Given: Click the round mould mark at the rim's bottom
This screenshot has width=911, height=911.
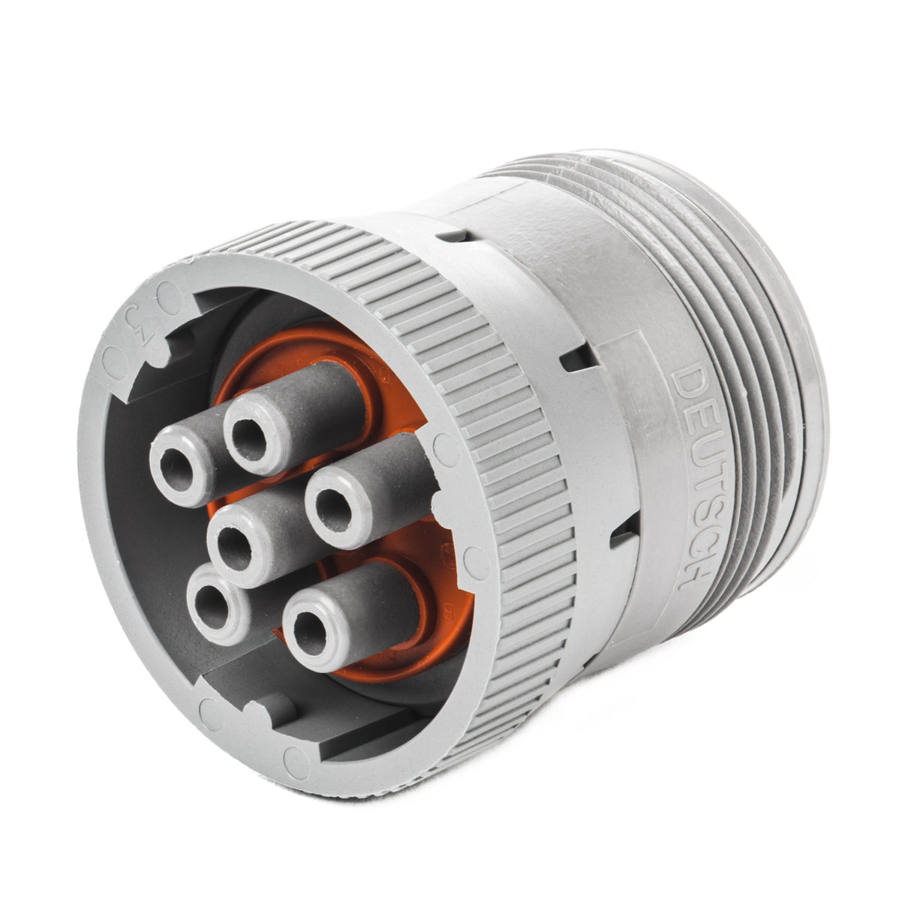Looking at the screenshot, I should [x=212, y=709].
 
